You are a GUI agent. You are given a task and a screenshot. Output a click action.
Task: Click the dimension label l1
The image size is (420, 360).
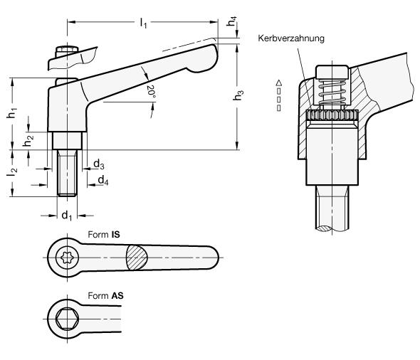coord(144,23)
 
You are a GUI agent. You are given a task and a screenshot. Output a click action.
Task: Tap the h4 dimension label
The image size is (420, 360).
coord(231,21)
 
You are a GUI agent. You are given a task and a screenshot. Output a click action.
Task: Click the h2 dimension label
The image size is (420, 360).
coord(28,141)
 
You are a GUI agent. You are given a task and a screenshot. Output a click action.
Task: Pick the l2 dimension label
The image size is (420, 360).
coord(12,172)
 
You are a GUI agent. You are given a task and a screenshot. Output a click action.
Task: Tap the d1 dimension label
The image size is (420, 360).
coord(67,216)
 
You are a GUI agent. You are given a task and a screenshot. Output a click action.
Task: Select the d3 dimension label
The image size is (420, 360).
coord(99,164)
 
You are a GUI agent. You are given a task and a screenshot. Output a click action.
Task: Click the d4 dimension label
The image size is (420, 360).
coord(103,181)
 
